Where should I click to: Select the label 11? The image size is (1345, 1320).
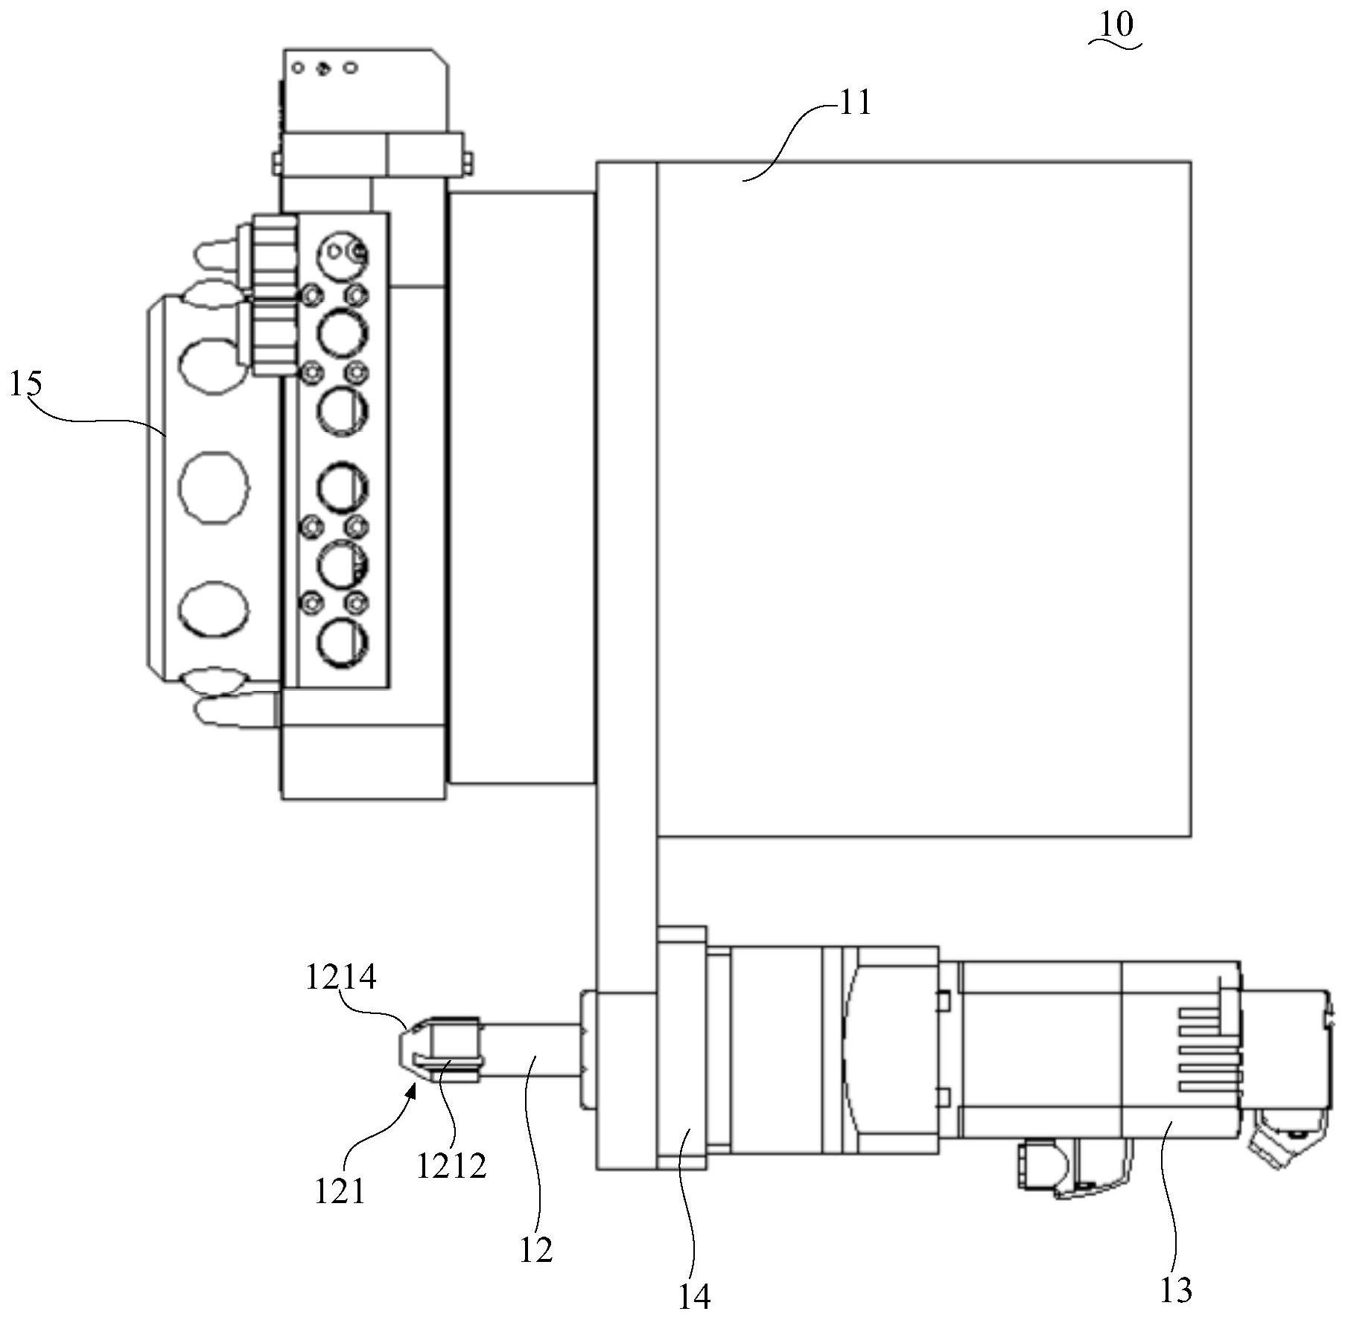(x=855, y=103)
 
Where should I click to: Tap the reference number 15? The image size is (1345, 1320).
(x=25, y=385)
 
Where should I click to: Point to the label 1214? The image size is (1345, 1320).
(x=341, y=977)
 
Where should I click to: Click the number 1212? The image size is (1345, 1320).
(x=451, y=1165)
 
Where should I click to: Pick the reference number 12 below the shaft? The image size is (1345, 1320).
(x=535, y=1250)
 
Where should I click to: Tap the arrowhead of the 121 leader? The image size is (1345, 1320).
(x=412, y=1091)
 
